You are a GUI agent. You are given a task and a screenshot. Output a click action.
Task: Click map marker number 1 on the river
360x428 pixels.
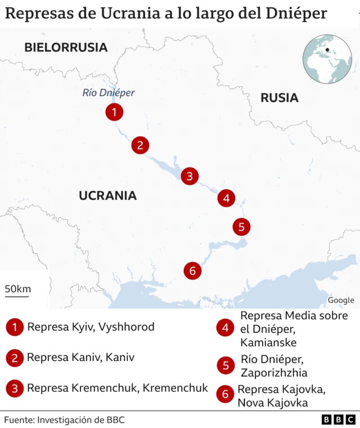coord(114,113)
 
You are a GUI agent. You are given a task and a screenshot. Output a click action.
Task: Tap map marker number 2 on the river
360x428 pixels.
coord(140,145)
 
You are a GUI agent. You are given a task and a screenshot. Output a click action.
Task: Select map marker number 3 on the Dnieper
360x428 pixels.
coord(190,176)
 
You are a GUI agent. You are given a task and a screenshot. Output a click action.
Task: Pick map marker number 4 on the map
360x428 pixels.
coord(226,198)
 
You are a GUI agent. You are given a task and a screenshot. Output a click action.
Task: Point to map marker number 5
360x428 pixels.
coord(241,227)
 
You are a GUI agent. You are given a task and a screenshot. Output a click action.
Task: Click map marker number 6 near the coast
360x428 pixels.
coord(192,271)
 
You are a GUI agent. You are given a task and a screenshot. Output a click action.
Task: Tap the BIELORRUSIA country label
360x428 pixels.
coord(66,47)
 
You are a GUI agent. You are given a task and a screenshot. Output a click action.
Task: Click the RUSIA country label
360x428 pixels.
coord(279,98)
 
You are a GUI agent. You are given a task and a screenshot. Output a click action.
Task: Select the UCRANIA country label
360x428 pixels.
coord(107,195)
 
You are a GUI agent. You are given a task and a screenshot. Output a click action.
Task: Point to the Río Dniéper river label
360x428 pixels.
coord(109,93)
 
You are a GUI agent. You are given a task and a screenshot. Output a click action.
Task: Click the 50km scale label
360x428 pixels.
coord(17,289)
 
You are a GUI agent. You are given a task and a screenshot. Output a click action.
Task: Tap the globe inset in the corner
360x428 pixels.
coord(327,59)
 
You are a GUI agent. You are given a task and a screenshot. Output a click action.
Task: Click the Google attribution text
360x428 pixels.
coord(341,300)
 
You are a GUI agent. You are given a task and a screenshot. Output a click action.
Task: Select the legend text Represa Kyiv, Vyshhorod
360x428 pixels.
coord(91,327)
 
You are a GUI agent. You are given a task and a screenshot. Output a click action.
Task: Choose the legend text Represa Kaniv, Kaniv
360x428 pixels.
coord(80,357)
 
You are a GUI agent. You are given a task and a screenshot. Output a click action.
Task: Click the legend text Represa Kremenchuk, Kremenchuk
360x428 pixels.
coord(117,387)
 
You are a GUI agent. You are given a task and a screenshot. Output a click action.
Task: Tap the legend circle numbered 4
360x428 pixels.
coord(226,328)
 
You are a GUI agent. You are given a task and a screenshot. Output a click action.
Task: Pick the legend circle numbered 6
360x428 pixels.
coord(226,394)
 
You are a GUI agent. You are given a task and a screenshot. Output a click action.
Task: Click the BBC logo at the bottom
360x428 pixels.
coord(339,420)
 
